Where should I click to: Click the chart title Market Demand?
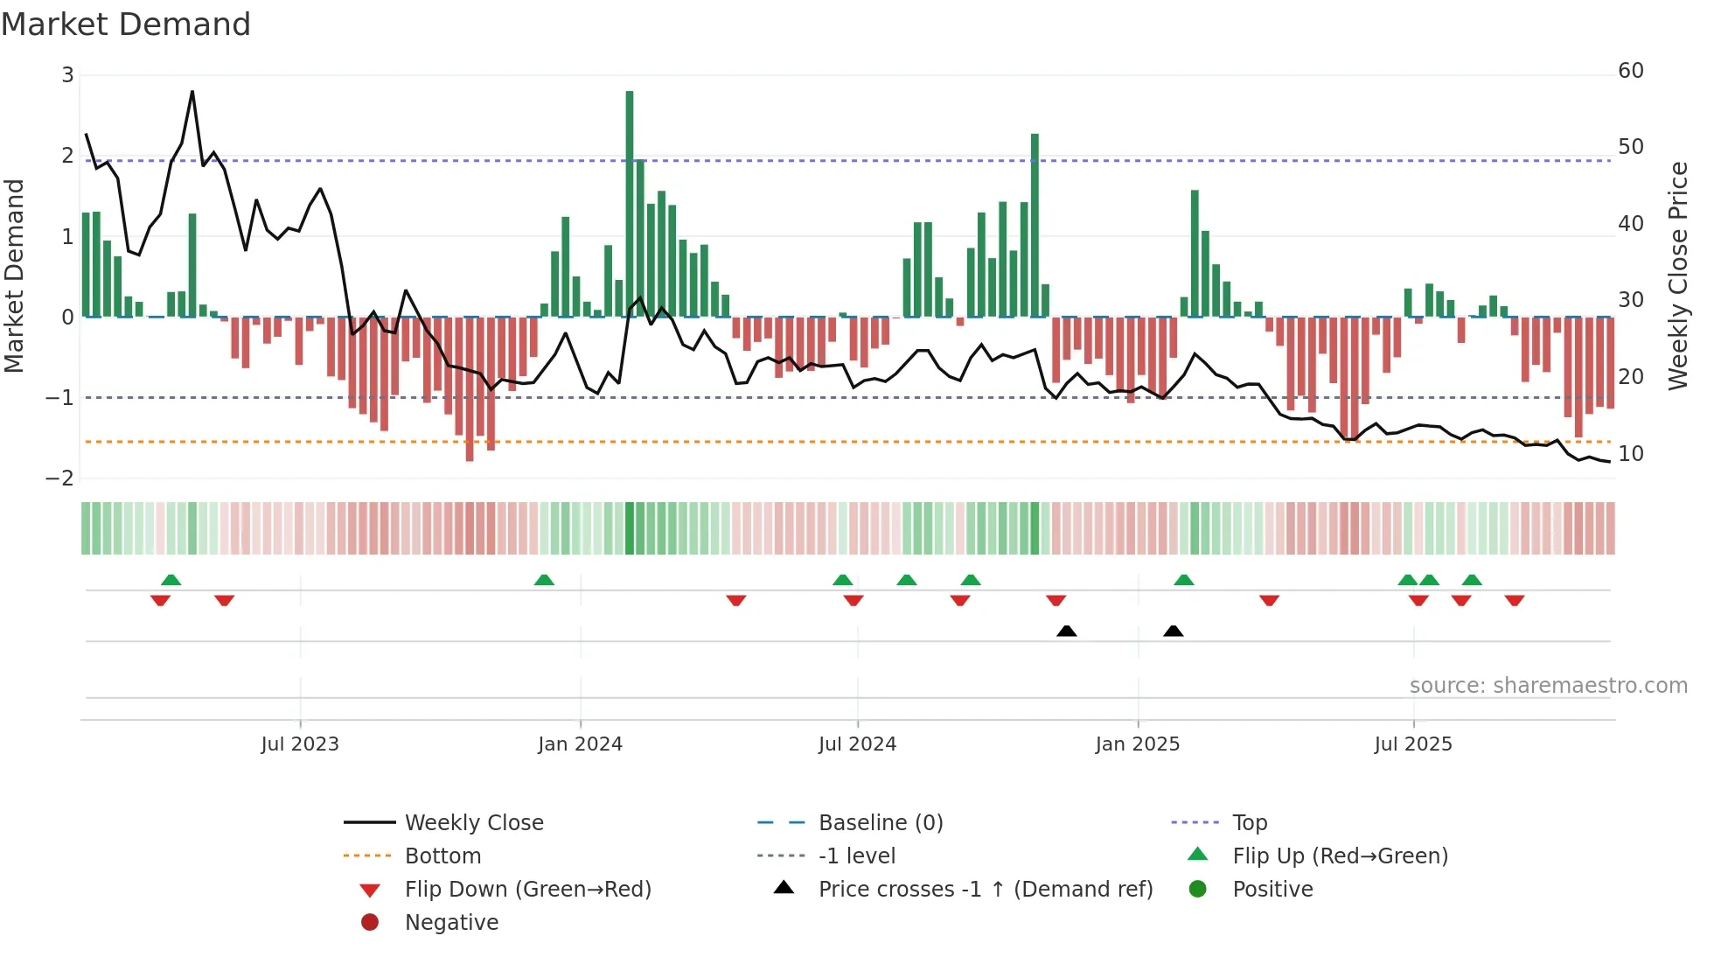126,24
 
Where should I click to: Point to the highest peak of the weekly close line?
192,92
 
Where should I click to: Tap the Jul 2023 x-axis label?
300,744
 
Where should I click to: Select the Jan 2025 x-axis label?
1137,744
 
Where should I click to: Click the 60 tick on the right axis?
1630,71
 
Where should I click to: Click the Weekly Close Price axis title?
1677,276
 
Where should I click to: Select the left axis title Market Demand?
14,276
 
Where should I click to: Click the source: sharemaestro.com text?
1548,686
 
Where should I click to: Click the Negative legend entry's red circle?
370,923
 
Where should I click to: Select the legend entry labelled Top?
1250,823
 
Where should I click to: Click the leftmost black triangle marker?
1066,631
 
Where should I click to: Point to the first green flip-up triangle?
171,580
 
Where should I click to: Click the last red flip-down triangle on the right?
1515,600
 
